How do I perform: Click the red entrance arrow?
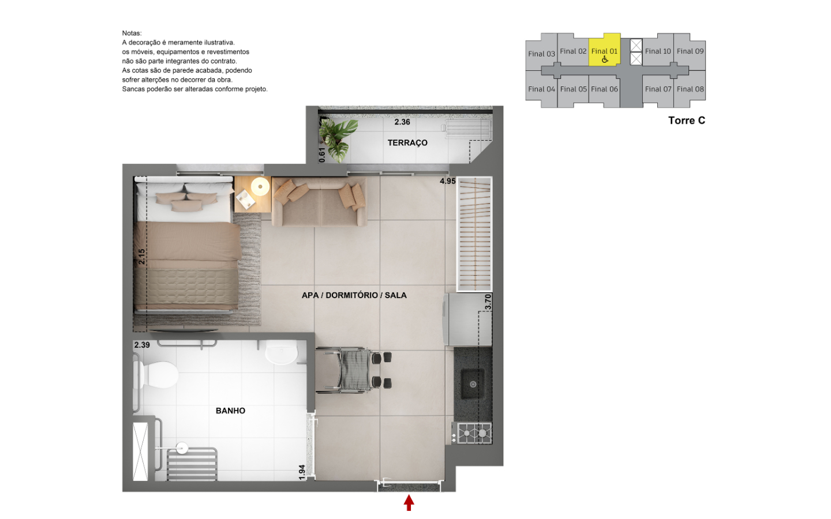click(409, 503)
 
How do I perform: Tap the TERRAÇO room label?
click(407, 143)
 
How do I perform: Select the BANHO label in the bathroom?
click(230, 411)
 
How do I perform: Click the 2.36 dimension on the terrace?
click(402, 122)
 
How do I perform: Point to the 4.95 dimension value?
click(447, 181)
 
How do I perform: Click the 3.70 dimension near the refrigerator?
click(488, 302)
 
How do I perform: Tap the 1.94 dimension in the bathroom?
click(302, 472)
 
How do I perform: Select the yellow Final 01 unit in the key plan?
click(605, 50)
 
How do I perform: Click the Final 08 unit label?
click(690, 89)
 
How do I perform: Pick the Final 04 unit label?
click(541, 89)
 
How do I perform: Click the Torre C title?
click(687, 121)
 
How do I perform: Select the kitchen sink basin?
click(473, 383)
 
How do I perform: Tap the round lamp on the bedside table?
click(260, 186)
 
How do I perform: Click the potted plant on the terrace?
click(337, 140)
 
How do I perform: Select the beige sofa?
click(320, 202)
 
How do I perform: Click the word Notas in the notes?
click(132, 33)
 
